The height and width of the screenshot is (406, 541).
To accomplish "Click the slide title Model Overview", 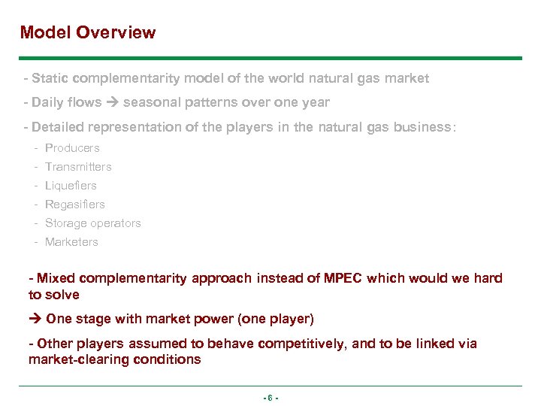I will click(88, 32).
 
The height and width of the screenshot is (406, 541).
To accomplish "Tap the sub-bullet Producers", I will click(72, 148).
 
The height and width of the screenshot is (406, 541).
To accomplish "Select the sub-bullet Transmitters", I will click(78, 167).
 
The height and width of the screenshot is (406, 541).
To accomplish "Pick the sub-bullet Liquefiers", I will click(71, 186).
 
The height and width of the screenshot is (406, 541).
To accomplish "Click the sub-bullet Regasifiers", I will click(75, 205).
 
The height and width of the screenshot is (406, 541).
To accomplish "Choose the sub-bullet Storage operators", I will click(92, 223).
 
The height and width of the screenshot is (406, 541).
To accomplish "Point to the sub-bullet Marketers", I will click(71, 242).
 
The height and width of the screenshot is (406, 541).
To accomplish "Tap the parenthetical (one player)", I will click(276, 319).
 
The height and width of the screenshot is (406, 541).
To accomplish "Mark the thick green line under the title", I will click(270, 58).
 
